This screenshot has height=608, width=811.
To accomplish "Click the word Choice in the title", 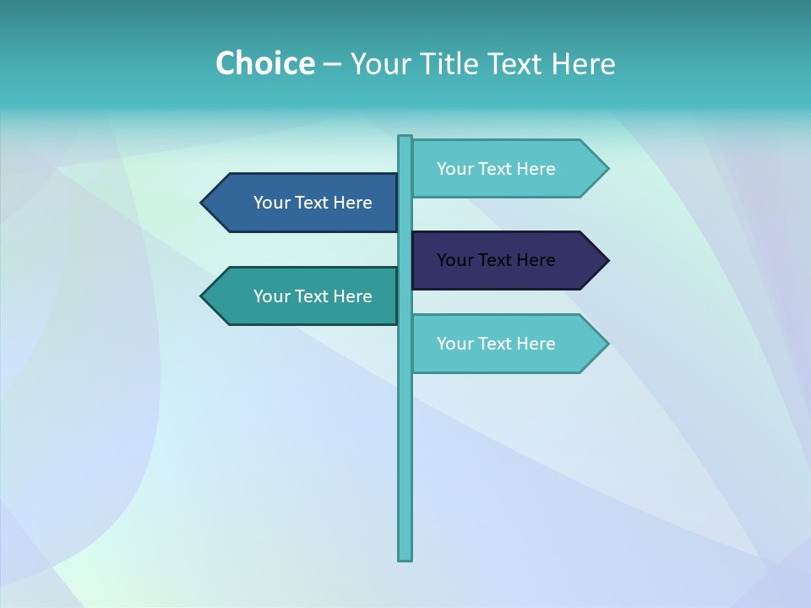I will [x=264, y=63].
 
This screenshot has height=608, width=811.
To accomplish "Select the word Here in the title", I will [x=583, y=63].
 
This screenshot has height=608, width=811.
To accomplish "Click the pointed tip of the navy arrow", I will [x=607, y=260].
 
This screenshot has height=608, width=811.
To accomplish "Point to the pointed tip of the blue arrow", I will [x=203, y=203].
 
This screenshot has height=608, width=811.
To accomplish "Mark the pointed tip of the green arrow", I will [x=203, y=296].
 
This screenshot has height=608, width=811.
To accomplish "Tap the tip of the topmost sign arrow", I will [x=607, y=169].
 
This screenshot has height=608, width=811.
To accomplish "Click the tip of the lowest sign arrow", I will [x=607, y=344].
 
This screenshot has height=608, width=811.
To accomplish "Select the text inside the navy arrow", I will [x=496, y=260].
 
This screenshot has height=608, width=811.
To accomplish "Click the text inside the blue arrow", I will [x=313, y=203].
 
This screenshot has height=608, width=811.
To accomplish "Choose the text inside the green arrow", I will [x=313, y=296].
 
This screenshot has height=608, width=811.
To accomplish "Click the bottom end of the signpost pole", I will [x=405, y=557].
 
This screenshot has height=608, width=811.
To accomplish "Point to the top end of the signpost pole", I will [x=405, y=138].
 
